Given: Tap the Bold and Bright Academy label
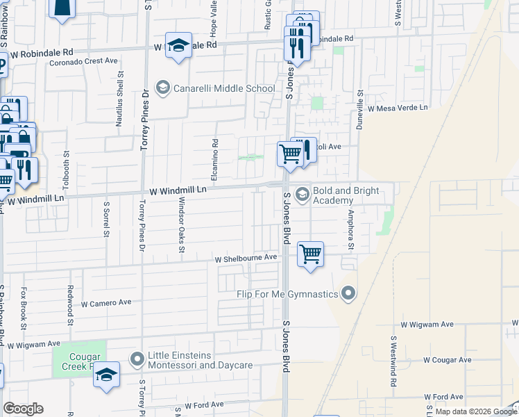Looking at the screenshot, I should (346, 195).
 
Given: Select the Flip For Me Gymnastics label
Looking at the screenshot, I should (296, 294).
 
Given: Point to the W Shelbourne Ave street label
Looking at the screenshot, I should (246, 257).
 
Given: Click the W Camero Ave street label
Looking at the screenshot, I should (106, 303).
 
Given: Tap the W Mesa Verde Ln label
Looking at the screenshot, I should (398, 108).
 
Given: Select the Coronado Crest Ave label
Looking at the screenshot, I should (83, 61).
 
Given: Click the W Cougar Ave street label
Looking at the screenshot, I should (447, 360).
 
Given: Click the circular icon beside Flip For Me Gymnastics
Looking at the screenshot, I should (349, 294).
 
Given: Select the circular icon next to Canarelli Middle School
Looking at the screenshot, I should (163, 88).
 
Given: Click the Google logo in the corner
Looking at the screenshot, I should (23, 409).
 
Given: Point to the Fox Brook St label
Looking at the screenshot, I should (24, 307).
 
